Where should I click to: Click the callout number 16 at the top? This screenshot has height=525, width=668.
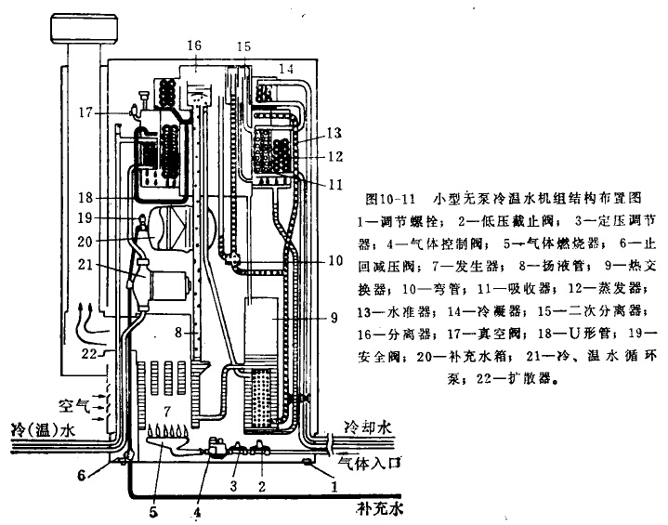click(x=193, y=46)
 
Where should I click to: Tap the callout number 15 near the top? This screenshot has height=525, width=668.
click(x=243, y=46)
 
